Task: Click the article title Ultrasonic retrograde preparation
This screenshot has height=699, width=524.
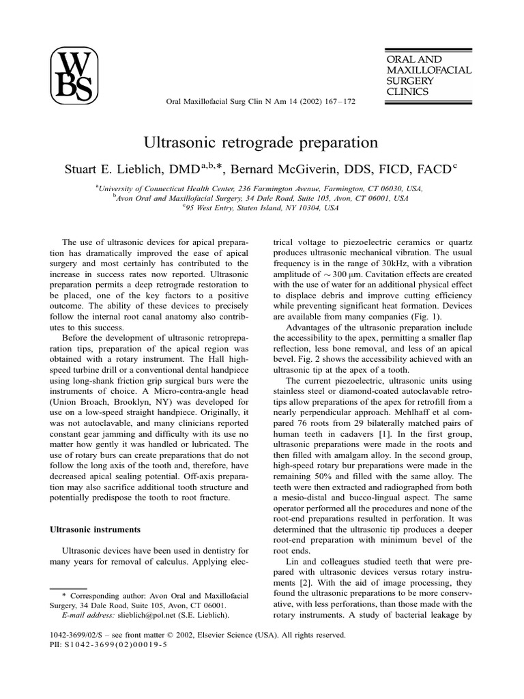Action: coord(261,143)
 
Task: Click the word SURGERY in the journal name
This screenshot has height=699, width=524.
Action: coord(408,81)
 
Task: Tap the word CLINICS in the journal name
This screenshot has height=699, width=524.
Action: coord(406,91)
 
